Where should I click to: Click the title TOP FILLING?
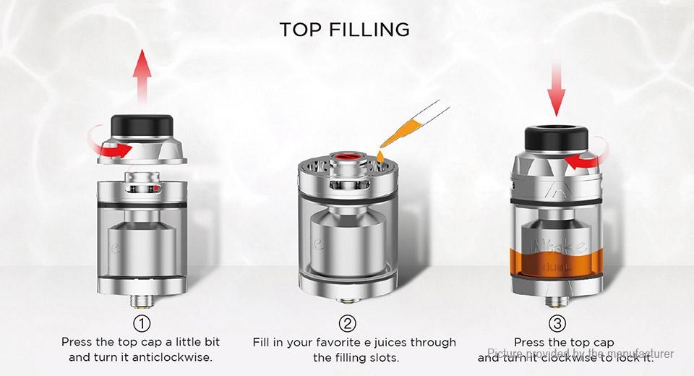[344, 30]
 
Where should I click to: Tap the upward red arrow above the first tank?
[142, 76]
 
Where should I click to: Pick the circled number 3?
[557, 323]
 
